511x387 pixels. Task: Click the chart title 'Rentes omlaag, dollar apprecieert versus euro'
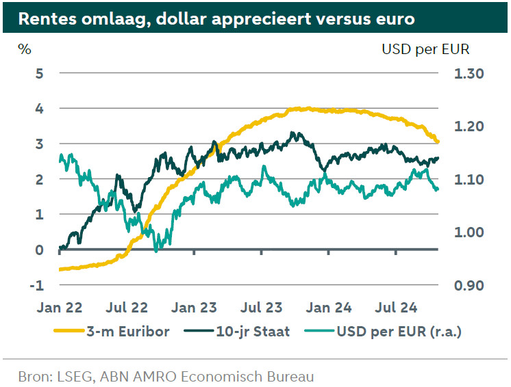pyautogui.click(x=217, y=18)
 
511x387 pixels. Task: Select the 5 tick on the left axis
pyautogui.click(x=39, y=72)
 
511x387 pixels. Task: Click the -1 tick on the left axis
pyautogui.click(x=37, y=285)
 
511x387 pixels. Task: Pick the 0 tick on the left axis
pyautogui.click(x=39, y=250)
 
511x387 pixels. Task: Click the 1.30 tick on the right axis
pyautogui.click(x=469, y=74)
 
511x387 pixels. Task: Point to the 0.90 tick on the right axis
pyautogui.click(x=469, y=285)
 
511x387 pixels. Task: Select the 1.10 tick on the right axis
pyautogui.click(x=469, y=179)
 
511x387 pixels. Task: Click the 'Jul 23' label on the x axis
pyautogui.click(x=262, y=307)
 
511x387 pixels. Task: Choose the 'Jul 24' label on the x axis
pyautogui.click(x=397, y=307)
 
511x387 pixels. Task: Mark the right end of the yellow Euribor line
pyautogui.click(x=438, y=142)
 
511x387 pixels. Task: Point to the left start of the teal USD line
pyautogui.click(x=60, y=159)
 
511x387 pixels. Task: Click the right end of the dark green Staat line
pyautogui.click(x=438, y=159)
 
